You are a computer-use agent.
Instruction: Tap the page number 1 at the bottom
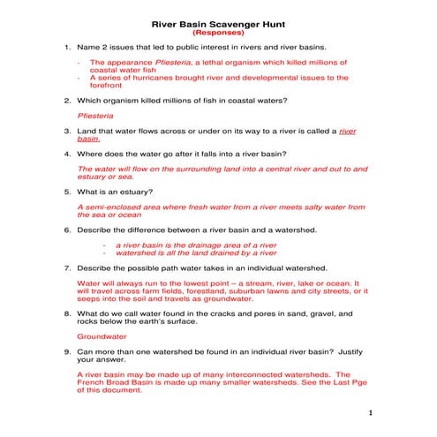tap(372, 412)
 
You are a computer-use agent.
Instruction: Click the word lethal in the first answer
tap(202, 63)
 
